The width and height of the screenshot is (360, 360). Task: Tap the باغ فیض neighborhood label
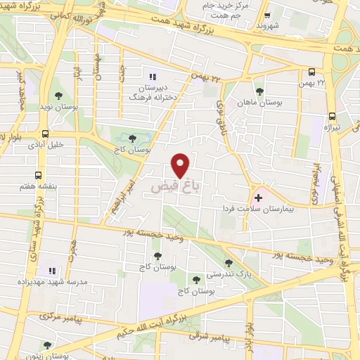(173, 188)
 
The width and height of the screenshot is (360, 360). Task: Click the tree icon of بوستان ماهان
(259, 91)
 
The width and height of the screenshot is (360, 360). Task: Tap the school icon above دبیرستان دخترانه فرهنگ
(150, 77)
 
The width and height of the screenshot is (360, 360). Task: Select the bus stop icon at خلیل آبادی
(45, 134)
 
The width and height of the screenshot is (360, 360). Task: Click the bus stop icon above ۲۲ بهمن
(312, 72)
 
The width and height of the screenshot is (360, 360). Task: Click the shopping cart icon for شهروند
(266, 15)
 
